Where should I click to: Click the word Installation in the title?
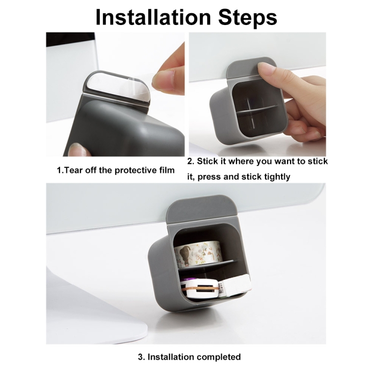(x=153, y=17)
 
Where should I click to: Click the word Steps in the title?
(x=248, y=18)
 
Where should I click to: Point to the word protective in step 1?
(x=134, y=171)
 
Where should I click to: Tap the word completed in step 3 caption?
(x=217, y=357)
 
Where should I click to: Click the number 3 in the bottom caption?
(x=141, y=357)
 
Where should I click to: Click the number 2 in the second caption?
(x=190, y=161)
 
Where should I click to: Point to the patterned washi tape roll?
(x=199, y=254)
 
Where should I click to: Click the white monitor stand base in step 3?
(x=94, y=312)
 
